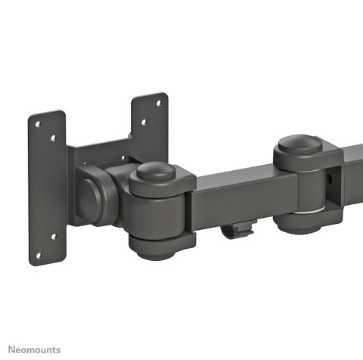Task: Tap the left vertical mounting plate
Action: coord(47,189)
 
